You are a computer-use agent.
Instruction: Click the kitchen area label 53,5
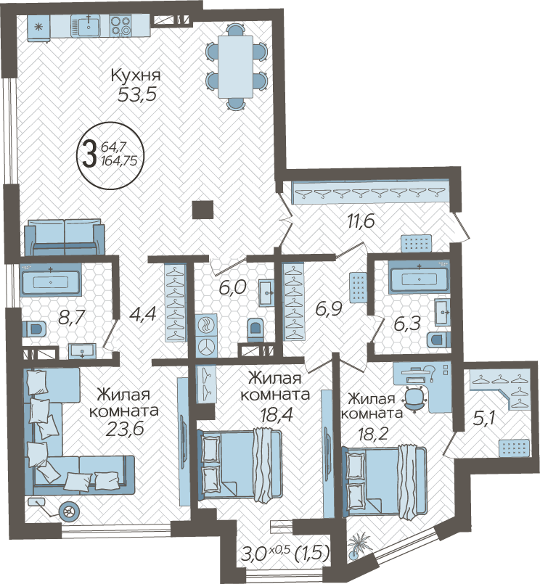137,94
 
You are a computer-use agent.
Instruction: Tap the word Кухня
136,76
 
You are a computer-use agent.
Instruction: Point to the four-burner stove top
120,25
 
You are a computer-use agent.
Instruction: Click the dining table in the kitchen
236,67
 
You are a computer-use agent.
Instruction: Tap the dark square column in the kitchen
202,210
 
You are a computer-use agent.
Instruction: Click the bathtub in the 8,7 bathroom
51,280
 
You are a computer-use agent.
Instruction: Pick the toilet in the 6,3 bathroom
438,340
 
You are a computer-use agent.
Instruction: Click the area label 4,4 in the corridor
142,315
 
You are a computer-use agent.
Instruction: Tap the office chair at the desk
414,398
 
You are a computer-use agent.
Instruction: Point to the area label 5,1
483,420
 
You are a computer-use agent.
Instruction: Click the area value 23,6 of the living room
125,429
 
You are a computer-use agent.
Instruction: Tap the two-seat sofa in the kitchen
65,237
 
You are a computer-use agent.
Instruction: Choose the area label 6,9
329,309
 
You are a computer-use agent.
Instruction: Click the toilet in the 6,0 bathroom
255,329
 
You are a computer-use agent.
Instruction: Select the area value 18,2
373,434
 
